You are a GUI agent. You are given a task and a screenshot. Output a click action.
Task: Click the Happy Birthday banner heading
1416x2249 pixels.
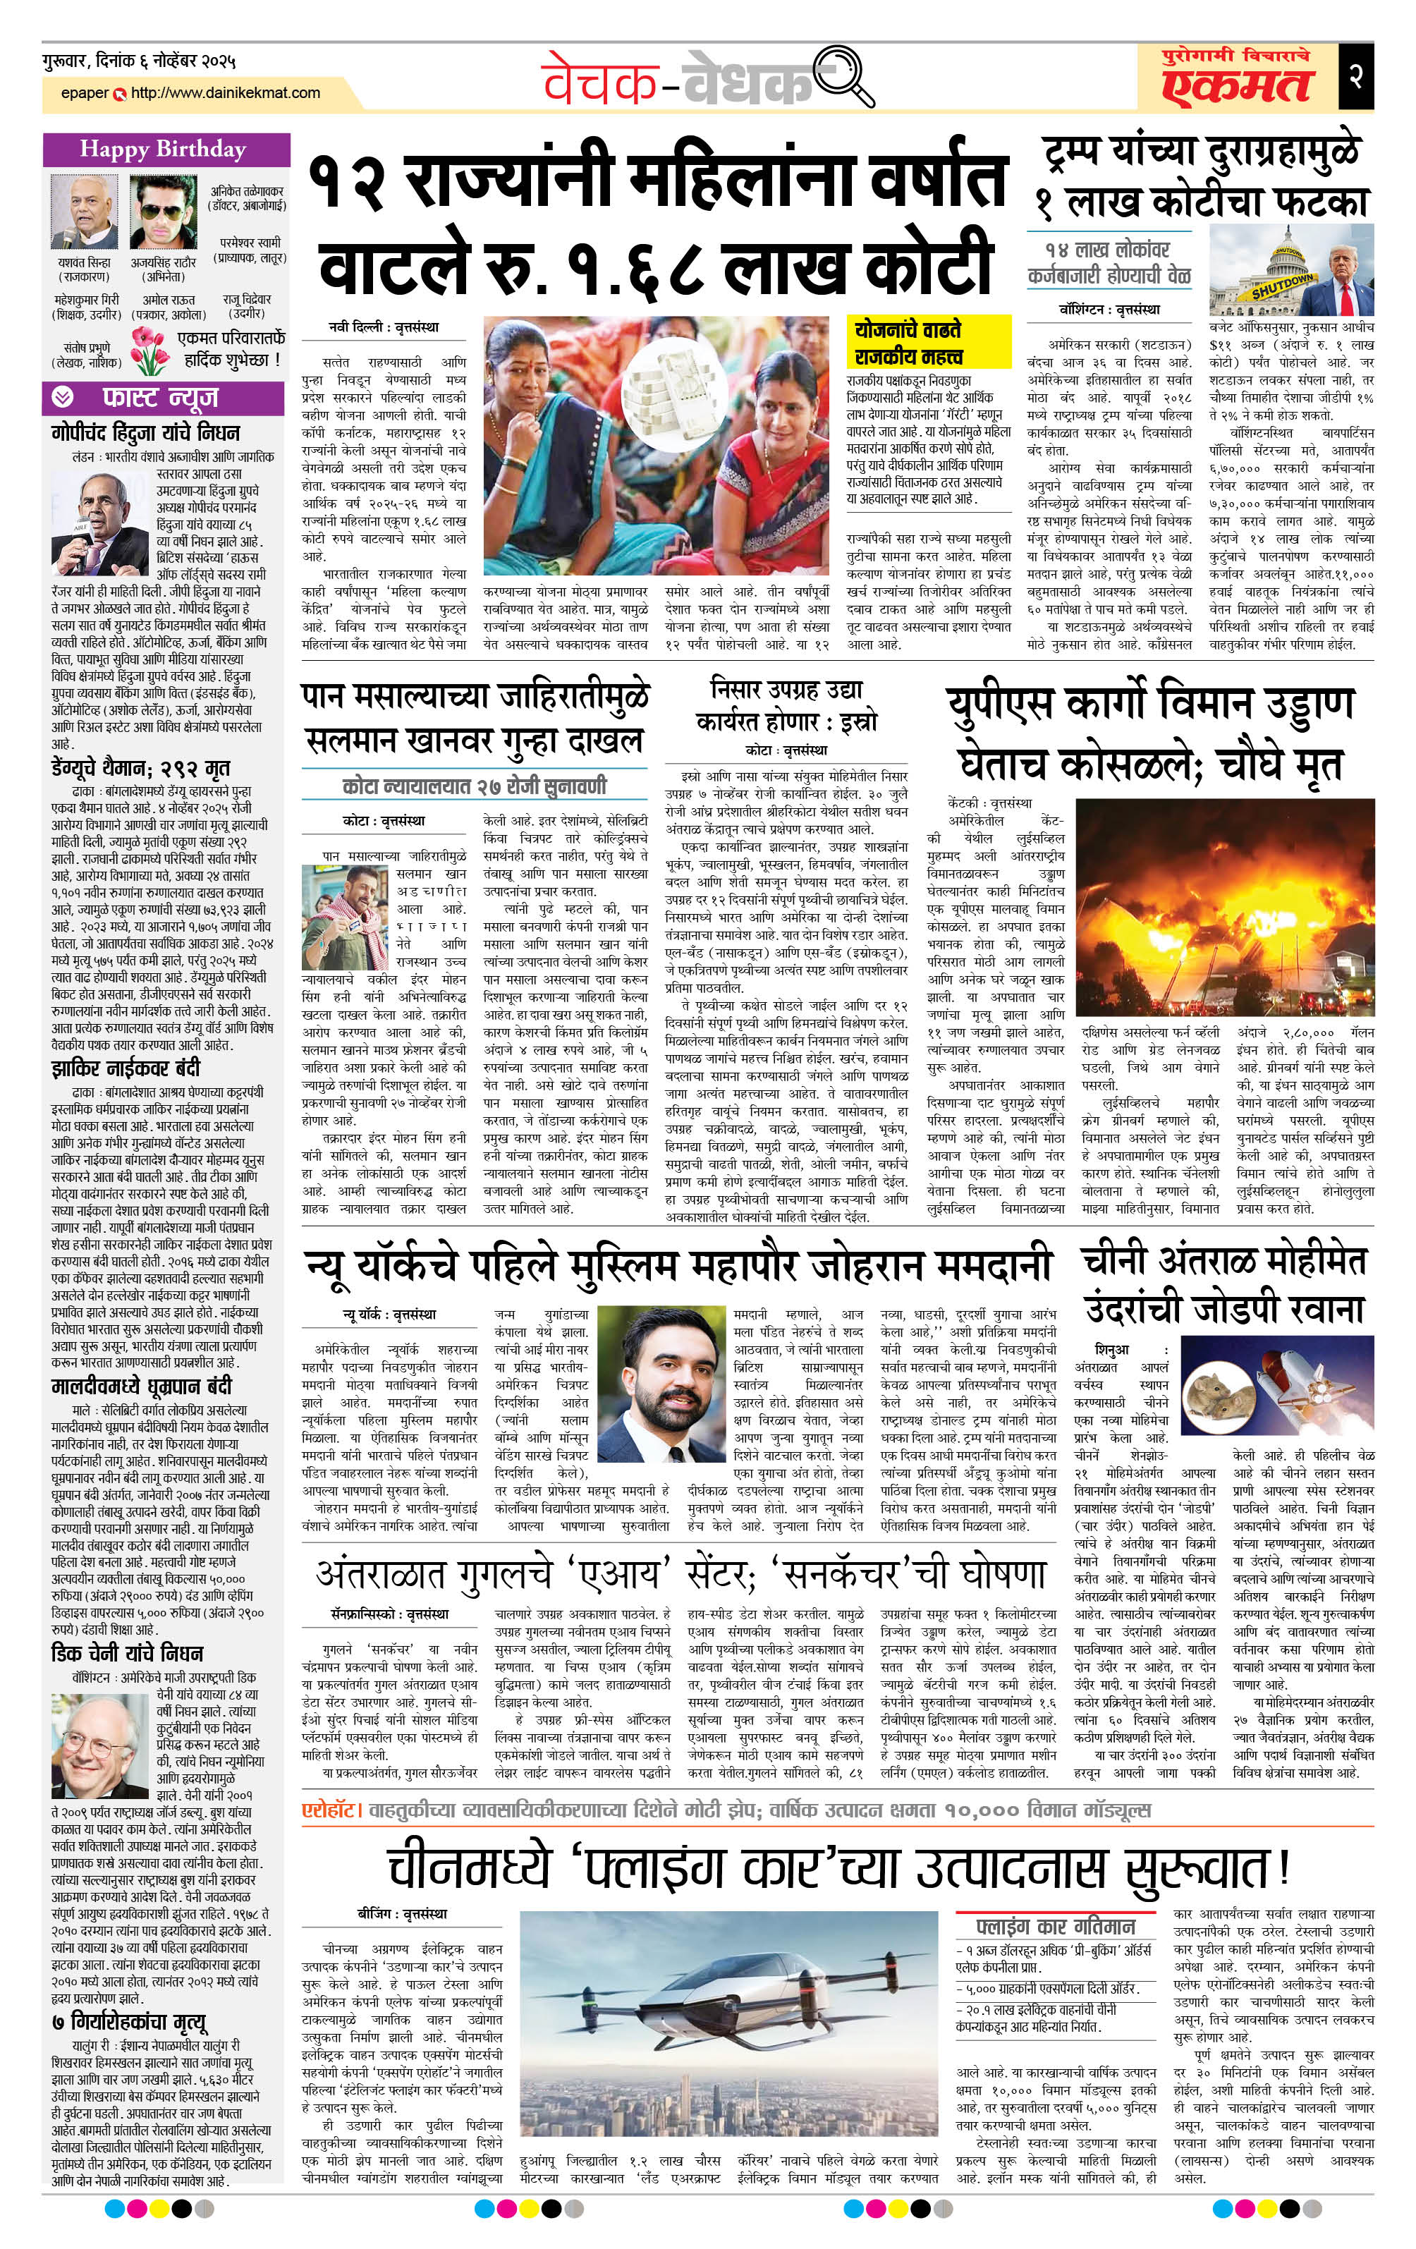pos(164,150)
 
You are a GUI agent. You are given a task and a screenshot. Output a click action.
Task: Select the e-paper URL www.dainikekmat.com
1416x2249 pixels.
pos(225,93)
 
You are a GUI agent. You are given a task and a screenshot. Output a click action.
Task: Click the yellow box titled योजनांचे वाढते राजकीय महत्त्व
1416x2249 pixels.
pos(929,343)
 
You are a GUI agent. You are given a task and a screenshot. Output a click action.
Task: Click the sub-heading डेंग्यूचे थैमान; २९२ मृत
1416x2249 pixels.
pos(141,769)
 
